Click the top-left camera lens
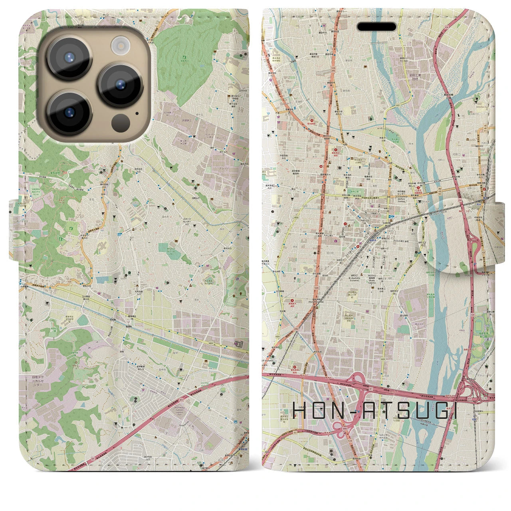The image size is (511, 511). click(x=69, y=57)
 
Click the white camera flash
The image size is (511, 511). click(x=119, y=45)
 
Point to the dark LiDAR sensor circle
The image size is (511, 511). click(x=120, y=121)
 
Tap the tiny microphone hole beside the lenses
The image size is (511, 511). click(x=137, y=113)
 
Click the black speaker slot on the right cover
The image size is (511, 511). click(x=377, y=27)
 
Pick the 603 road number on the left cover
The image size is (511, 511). click(x=210, y=343)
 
